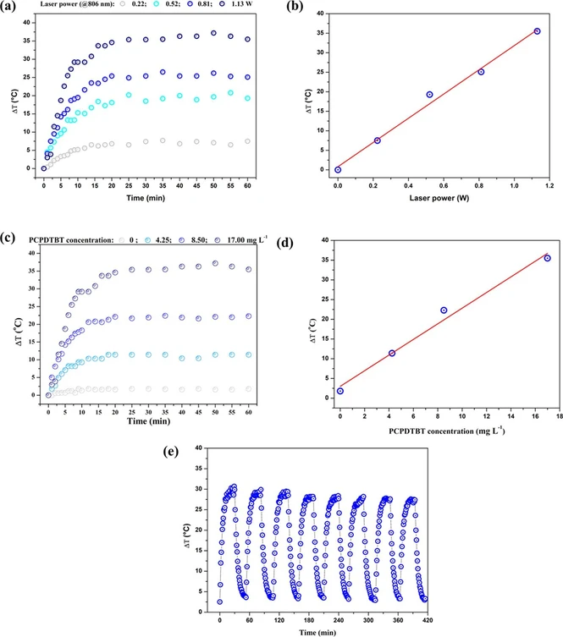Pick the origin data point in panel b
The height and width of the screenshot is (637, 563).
pos(338,169)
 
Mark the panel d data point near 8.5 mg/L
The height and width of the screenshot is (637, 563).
pos(444,310)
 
